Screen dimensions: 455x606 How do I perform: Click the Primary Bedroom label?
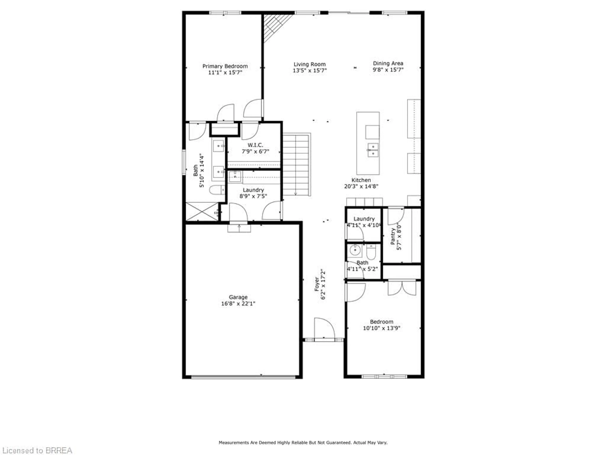(225, 66)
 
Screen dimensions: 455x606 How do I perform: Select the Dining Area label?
(388, 63)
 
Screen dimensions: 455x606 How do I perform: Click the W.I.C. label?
(255, 145)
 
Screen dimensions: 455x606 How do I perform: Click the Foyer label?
(317, 284)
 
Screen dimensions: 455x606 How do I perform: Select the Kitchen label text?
(361, 180)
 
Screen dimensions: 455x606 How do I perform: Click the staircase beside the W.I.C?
(296, 165)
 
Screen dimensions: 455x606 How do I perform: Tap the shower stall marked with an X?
(202, 211)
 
